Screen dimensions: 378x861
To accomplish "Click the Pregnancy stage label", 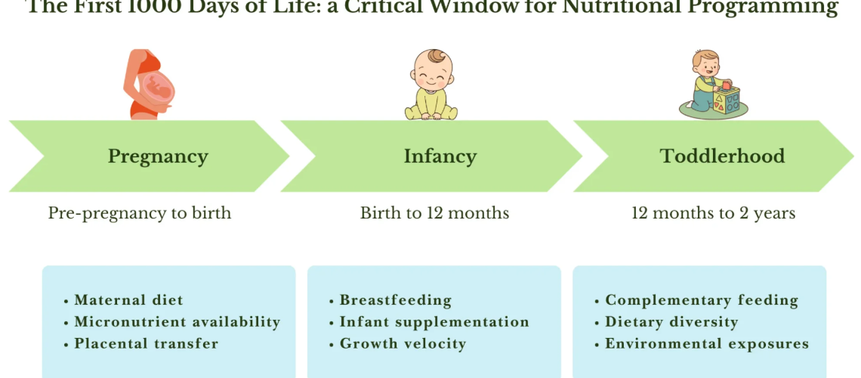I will click(158, 156).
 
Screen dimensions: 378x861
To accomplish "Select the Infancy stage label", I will click(440, 156).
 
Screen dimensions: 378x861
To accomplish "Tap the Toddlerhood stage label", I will click(722, 156).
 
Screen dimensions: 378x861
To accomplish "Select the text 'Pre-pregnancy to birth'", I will click(140, 213).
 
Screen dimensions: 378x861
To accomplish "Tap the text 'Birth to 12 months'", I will click(434, 213).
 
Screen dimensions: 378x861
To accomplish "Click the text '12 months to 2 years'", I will click(713, 213).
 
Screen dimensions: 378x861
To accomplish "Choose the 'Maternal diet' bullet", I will click(128, 300).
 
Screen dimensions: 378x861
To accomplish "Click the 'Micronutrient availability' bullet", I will click(177, 322).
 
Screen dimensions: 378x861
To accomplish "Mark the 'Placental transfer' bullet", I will click(146, 344).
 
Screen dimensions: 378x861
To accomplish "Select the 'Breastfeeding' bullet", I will click(395, 300).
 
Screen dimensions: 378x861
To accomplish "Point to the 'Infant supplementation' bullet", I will click(434, 322).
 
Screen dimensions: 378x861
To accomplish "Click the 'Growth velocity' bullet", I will click(403, 344).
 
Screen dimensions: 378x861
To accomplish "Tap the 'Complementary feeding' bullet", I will click(702, 300).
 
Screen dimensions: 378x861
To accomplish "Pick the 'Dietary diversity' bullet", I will click(671, 322).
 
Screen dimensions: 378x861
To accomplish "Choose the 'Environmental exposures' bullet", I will click(707, 344).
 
